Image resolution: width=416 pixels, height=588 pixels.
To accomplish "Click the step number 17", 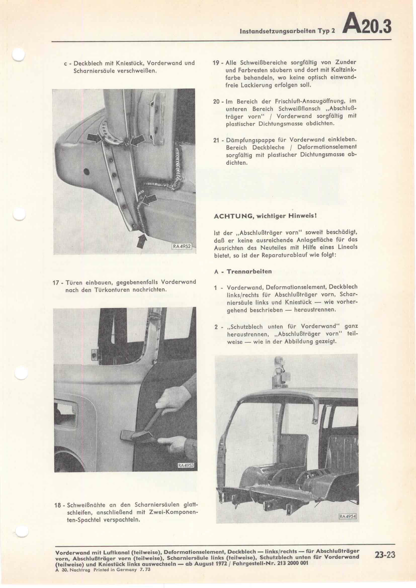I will (56, 282).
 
